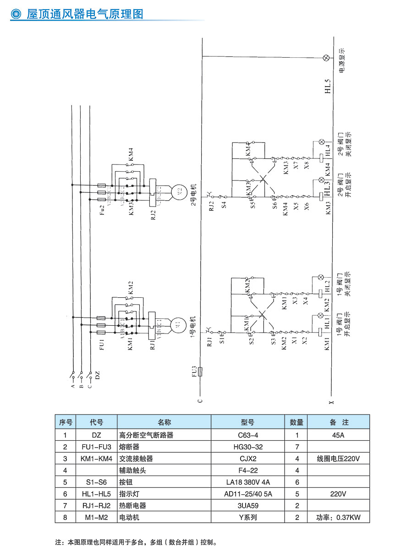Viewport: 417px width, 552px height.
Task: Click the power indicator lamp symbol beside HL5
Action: coord(326,58)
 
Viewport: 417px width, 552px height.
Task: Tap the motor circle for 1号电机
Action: coord(177,325)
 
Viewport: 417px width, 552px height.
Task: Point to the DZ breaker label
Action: coord(97,377)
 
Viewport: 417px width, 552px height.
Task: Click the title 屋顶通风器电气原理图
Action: coord(85,14)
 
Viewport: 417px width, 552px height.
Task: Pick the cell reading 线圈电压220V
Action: coord(338,459)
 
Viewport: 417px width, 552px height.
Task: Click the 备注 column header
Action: coord(338,422)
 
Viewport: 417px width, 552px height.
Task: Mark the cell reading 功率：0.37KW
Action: coord(338,518)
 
